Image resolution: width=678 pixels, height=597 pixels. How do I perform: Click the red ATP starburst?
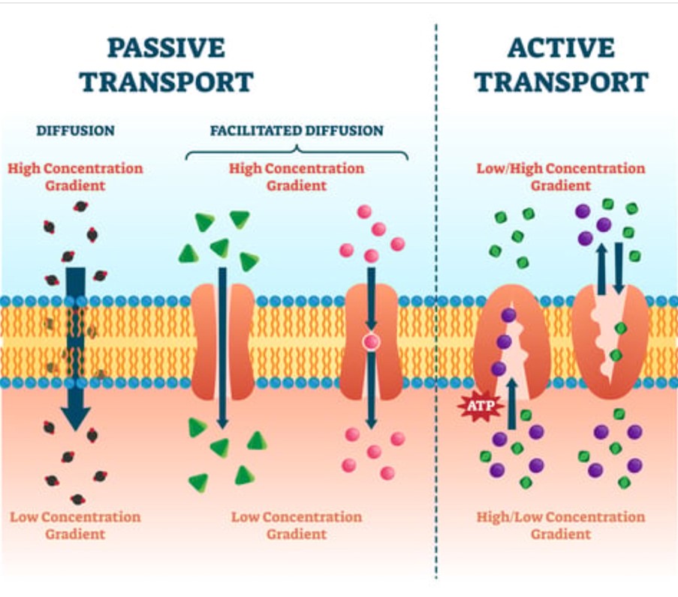(476, 406)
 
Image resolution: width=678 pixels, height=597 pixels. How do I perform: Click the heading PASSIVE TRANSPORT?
(166, 64)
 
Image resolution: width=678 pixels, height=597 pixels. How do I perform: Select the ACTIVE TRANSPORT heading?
(561, 64)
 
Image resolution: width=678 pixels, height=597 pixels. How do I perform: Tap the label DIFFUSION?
(75, 130)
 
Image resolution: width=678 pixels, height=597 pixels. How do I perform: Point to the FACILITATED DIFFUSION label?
(297, 130)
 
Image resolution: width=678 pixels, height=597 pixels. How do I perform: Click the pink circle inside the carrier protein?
(372, 343)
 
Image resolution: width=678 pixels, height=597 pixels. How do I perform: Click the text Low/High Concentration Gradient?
(561, 175)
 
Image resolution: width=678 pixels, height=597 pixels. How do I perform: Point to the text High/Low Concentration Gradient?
(561, 525)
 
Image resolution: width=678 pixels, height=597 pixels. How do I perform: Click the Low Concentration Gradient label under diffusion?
(75, 525)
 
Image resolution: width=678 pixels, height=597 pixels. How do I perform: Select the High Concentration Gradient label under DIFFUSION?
(75, 175)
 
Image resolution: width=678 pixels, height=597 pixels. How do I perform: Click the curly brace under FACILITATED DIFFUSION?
(297, 153)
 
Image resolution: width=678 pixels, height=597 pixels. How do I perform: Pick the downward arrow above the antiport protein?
(619, 266)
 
